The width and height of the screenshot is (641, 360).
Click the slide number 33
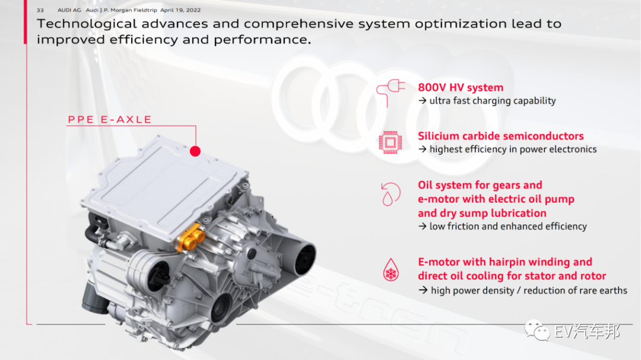[x=40, y=10]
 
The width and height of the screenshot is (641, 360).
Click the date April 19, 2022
[x=180, y=10]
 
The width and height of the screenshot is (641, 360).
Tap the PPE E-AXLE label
[x=110, y=119]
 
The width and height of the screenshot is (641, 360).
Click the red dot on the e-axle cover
[x=195, y=151]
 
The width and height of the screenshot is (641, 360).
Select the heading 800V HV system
[x=461, y=87]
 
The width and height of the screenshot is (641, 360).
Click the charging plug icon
[x=391, y=93]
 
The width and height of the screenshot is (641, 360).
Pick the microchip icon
[x=390, y=142]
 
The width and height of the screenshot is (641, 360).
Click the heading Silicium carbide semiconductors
[x=500, y=136]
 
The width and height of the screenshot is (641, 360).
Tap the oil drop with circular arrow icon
[x=391, y=194]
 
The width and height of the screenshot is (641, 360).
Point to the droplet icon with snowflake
[x=391, y=270]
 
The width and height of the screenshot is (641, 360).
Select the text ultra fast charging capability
[x=493, y=101]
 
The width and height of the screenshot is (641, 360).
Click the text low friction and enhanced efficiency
[x=508, y=227]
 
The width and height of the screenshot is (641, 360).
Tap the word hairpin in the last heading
[x=507, y=262]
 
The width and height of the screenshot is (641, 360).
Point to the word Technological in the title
[x=87, y=24]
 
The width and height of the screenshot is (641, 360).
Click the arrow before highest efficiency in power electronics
[x=423, y=149]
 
